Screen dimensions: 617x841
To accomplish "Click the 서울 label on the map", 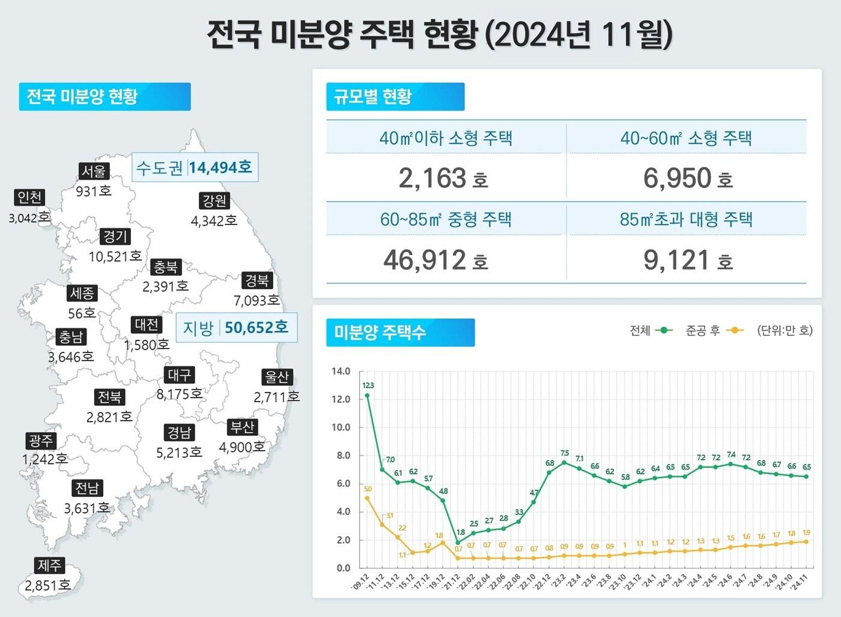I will click(94, 171).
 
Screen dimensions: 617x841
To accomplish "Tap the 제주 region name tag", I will click(50, 565).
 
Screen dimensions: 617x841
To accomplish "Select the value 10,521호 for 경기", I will click(115, 256).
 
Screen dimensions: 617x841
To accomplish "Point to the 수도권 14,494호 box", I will click(195, 167).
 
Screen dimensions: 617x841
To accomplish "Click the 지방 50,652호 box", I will click(236, 328).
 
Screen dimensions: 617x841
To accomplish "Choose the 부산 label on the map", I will click(243, 427).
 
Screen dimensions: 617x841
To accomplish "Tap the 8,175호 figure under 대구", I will click(179, 394).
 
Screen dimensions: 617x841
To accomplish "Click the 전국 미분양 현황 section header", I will click(105, 97).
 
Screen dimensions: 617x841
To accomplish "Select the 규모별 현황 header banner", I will click(395, 97).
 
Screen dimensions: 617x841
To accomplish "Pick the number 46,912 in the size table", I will click(425, 260).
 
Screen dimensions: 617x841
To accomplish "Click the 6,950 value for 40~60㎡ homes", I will click(677, 178).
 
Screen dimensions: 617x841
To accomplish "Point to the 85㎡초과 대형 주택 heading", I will click(686, 219).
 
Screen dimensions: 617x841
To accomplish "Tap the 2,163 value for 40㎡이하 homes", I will click(433, 178).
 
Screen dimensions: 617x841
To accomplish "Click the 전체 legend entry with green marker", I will click(651, 331).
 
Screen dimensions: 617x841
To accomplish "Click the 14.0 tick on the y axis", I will click(341, 372).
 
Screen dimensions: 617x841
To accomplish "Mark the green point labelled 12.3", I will click(367, 396).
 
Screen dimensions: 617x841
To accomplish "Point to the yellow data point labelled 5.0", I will click(367, 498).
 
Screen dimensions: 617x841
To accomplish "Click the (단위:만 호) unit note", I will click(785, 331).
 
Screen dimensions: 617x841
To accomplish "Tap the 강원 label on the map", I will click(214, 201).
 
